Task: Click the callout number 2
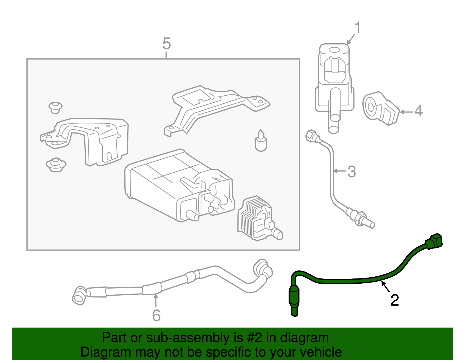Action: tap(395, 300)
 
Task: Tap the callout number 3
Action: tap(352, 171)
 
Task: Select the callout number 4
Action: tap(418, 111)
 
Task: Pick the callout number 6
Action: tap(156, 315)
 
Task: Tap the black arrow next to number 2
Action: tap(385, 287)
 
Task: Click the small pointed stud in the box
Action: tap(261, 141)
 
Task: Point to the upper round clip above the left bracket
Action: tap(55, 107)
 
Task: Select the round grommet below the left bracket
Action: tap(56, 165)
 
